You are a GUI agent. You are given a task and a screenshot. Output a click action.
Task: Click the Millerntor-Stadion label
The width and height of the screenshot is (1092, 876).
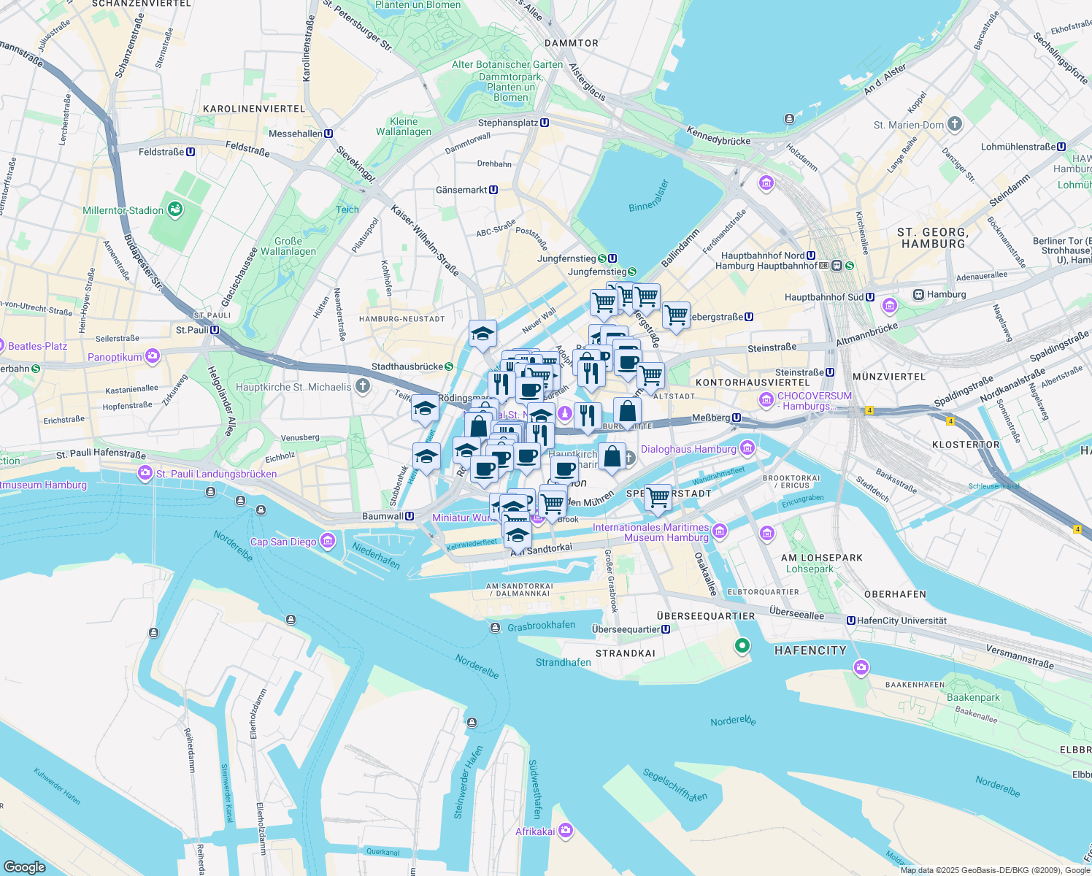123,210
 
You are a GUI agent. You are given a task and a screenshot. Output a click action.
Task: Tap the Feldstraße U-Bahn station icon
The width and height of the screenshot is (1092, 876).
191,152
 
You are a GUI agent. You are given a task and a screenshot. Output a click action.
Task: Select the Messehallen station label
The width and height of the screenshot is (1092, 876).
295,134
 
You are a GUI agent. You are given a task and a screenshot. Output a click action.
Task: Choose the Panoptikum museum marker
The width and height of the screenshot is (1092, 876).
153,356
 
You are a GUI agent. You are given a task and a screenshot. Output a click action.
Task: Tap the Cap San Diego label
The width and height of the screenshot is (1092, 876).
283,542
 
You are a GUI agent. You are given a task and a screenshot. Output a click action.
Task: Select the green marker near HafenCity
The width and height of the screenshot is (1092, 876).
742,645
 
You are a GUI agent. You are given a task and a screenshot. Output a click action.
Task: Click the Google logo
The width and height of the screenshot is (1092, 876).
25,867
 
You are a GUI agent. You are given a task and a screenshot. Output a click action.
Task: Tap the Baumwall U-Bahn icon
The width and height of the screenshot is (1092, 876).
409,516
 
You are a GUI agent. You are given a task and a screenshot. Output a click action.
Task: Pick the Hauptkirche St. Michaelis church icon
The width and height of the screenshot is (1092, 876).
362,386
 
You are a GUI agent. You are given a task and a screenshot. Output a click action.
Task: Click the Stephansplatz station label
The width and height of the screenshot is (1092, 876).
508,123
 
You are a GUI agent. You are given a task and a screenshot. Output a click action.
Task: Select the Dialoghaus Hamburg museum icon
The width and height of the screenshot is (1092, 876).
747,447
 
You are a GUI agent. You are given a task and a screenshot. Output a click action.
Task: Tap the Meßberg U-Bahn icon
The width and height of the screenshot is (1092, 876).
737,418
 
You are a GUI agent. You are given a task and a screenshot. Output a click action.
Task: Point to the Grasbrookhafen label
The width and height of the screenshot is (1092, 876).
541,626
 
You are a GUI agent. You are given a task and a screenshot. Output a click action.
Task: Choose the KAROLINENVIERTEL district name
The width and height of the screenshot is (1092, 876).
254,109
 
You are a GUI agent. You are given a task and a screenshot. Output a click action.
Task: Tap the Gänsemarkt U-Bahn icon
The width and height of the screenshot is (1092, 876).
494,190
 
